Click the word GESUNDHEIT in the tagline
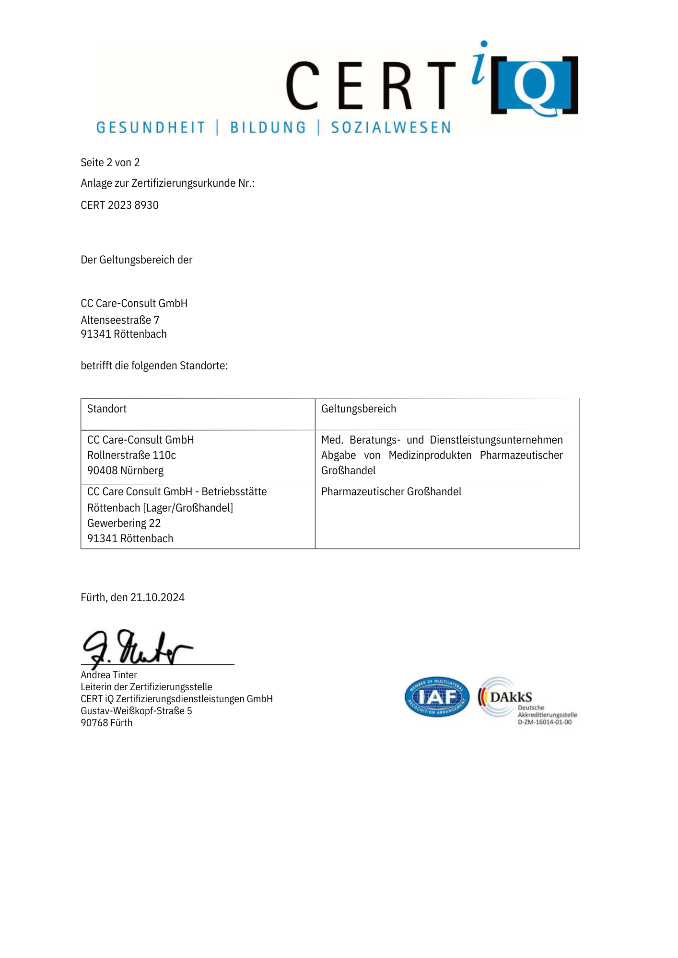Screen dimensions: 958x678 coord(151,127)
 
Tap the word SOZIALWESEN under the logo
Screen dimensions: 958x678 coord(391,127)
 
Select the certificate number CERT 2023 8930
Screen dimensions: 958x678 coord(119,205)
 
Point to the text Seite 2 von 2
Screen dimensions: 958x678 coord(110,162)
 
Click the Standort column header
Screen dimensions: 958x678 coord(107,409)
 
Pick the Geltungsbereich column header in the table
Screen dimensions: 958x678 coord(359,409)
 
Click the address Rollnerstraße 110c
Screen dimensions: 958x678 coord(131,455)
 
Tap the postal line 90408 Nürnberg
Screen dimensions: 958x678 coord(125,470)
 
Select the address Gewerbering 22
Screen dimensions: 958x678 coord(124,523)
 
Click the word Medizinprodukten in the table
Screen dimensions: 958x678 coord(430,455)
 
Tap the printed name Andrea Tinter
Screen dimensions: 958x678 coord(109,675)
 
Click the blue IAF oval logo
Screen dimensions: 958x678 coord(437,697)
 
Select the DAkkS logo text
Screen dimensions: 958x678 coord(511,697)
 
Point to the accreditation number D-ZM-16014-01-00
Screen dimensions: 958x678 coord(545,722)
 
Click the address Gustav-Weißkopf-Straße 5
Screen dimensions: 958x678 coord(136,711)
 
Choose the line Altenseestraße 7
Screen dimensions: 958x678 coord(120,320)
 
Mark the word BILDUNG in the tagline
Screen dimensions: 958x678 coord(268,127)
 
